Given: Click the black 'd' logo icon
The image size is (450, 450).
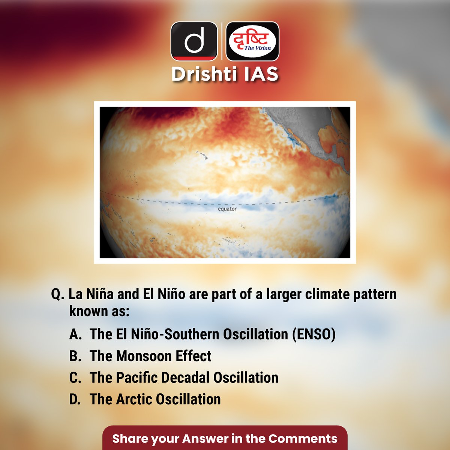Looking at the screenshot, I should (x=194, y=41).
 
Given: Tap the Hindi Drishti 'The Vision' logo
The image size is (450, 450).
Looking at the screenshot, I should (x=253, y=41).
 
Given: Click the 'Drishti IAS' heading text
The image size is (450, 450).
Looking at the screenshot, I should (x=225, y=74).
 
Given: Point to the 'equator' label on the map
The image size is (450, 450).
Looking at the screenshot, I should (x=227, y=209).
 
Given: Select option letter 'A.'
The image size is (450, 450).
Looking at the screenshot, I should (x=75, y=334).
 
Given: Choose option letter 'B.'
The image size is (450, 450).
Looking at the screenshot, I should (x=75, y=356).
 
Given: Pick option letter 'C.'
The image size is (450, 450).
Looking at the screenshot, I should (x=75, y=378).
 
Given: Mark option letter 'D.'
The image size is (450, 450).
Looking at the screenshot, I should (x=75, y=399).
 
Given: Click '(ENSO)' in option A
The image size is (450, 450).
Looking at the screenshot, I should (x=314, y=334).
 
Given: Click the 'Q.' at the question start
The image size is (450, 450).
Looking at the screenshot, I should (x=58, y=294).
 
